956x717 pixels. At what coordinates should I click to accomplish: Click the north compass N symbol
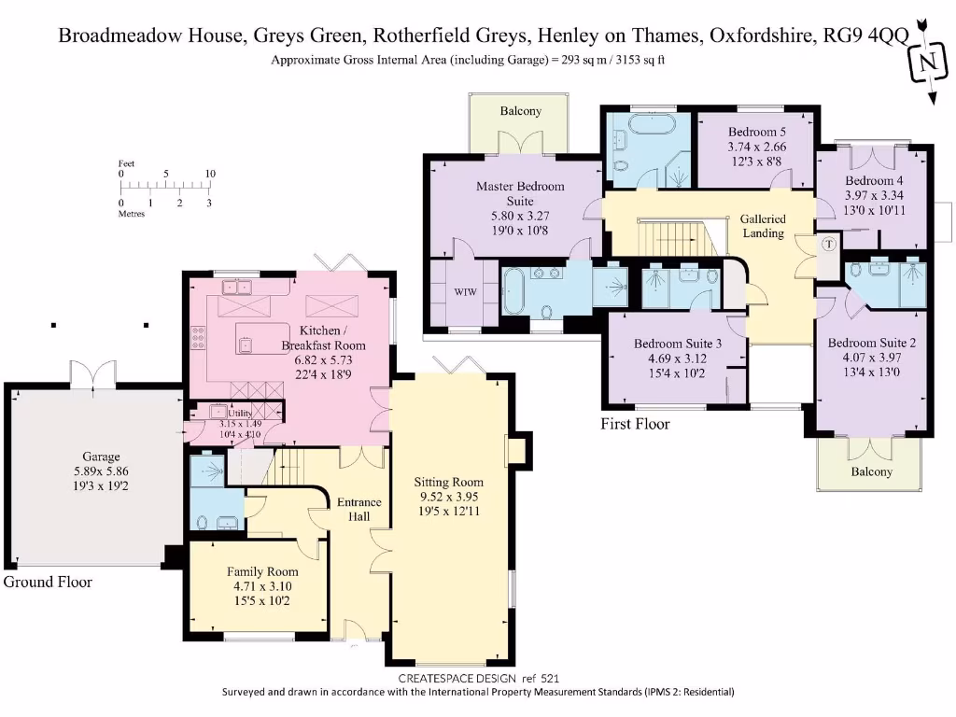click(x=927, y=64)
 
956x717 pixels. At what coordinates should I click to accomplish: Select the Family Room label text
click(x=262, y=571)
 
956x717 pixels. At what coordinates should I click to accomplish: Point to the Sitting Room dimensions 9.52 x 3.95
click(x=449, y=496)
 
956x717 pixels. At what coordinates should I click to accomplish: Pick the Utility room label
click(x=240, y=413)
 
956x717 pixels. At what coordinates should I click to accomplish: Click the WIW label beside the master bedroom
click(x=466, y=292)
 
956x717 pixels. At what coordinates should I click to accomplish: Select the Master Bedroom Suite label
click(x=520, y=193)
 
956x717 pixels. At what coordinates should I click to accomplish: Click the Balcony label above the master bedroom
click(x=520, y=111)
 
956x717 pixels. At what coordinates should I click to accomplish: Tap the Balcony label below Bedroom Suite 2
click(x=871, y=471)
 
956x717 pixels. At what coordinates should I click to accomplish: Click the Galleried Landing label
click(x=763, y=226)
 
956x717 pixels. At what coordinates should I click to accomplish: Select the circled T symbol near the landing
click(x=829, y=245)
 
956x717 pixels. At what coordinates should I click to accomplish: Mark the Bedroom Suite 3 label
click(x=677, y=344)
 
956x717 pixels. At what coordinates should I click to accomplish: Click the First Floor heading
click(x=635, y=424)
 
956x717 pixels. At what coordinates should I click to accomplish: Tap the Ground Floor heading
click(x=49, y=582)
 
